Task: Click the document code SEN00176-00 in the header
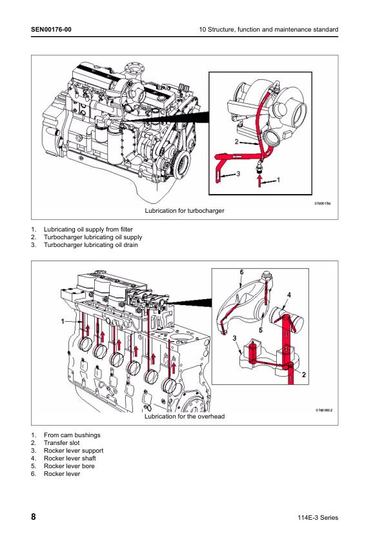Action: click(x=51, y=30)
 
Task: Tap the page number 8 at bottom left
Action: click(x=34, y=517)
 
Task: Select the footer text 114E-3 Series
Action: click(x=318, y=518)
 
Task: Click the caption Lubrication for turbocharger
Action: click(x=185, y=210)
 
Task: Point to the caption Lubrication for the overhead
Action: click(x=185, y=416)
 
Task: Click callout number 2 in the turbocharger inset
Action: click(x=237, y=142)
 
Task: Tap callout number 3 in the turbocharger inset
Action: click(x=238, y=173)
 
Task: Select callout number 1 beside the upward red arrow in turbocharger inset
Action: click(x=278, y=180)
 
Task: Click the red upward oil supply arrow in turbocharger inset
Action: click(x=259, y=181)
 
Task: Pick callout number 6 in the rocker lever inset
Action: click(x=241, y=273)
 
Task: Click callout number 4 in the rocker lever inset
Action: click(x=288, y=295)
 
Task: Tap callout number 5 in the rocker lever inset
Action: click(x=261, y=330)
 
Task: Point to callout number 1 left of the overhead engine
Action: click(x=63, y=321)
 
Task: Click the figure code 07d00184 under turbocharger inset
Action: click(x=322, y=203)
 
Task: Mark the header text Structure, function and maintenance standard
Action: click(x=273, y=30)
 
